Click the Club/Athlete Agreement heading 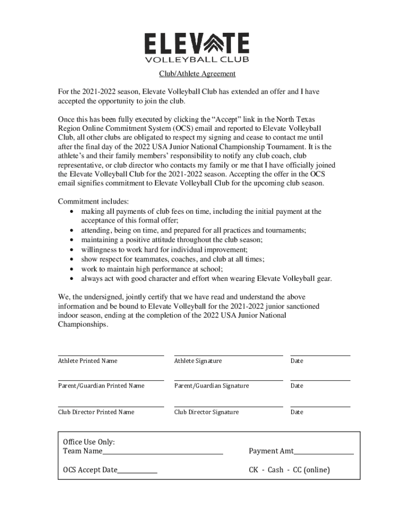(x=197, y=74)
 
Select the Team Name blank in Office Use (x=163, y=453)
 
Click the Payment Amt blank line (x=324, y=453)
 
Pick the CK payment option (x=254, y=470)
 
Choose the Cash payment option (x=275, y=470)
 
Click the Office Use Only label (x=89, y=442)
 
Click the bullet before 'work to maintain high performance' (x=71, y=269)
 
